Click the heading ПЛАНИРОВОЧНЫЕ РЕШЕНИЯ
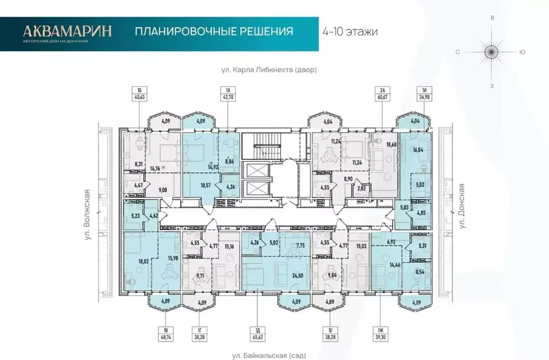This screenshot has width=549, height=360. (214, 31)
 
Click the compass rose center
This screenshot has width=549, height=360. (492, 52)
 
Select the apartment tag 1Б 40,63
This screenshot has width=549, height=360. (138, 93)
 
